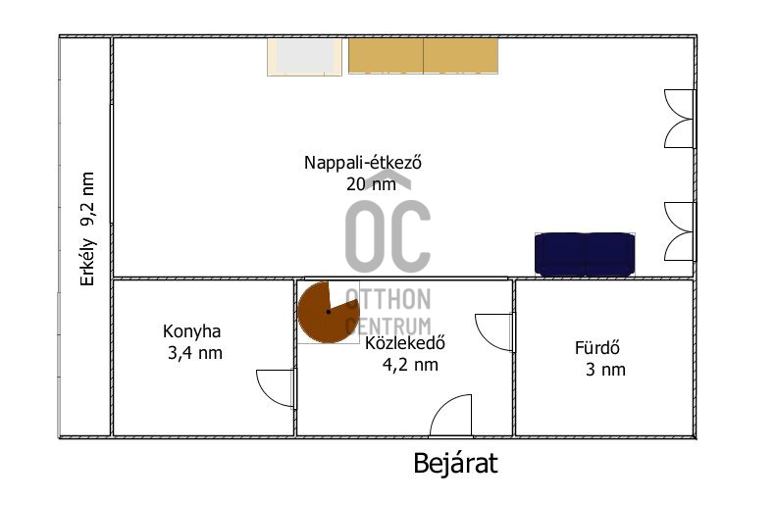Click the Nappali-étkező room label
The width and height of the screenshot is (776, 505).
click(363, 163)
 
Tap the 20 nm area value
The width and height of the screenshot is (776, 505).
click(371, 184)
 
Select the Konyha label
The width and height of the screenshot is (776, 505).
click(191, 331)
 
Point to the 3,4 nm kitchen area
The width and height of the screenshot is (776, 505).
click(195, 353)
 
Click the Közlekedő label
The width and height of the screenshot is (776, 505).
click(405, 343)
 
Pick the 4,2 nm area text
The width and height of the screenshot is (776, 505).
click(410, 365)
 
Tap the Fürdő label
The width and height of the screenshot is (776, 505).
click(596, 348)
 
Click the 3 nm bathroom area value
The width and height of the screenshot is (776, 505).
click(605, 370)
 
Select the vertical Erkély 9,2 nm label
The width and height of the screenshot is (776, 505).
click(87, 229)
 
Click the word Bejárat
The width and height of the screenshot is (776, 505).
click(455, 464)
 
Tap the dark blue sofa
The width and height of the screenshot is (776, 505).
click(585, 254)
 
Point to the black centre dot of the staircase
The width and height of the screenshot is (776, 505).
click(328, 312)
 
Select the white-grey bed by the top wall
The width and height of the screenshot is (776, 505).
click(304, 57)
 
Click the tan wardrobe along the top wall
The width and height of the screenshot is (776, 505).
click(423, 56)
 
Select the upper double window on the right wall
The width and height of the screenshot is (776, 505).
click(680, 119)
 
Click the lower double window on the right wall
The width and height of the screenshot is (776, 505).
click(680, 231)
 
